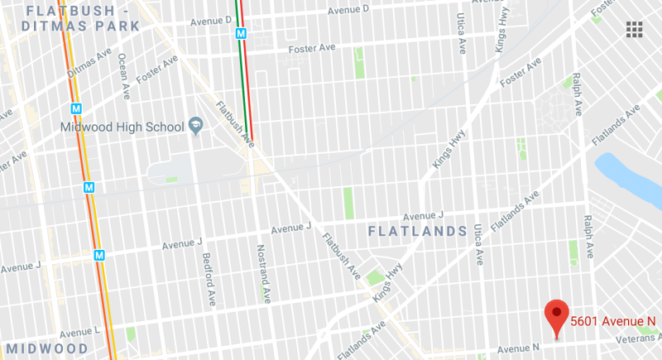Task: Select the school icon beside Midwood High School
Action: point(197,126)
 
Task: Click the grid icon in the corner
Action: point(635,30)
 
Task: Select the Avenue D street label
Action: point(348,10)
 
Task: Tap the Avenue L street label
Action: point(79,332)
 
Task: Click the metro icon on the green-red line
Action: point(241,35)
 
